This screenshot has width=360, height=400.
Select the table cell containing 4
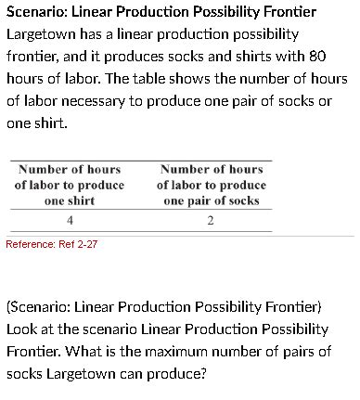(70, 220)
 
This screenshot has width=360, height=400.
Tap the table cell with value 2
(211, 220)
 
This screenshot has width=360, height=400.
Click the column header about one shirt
(70, 185)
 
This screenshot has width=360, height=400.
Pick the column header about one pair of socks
(211, 185)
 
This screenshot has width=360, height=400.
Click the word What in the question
(131, 352)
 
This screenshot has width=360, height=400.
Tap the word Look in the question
(23, 329)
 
